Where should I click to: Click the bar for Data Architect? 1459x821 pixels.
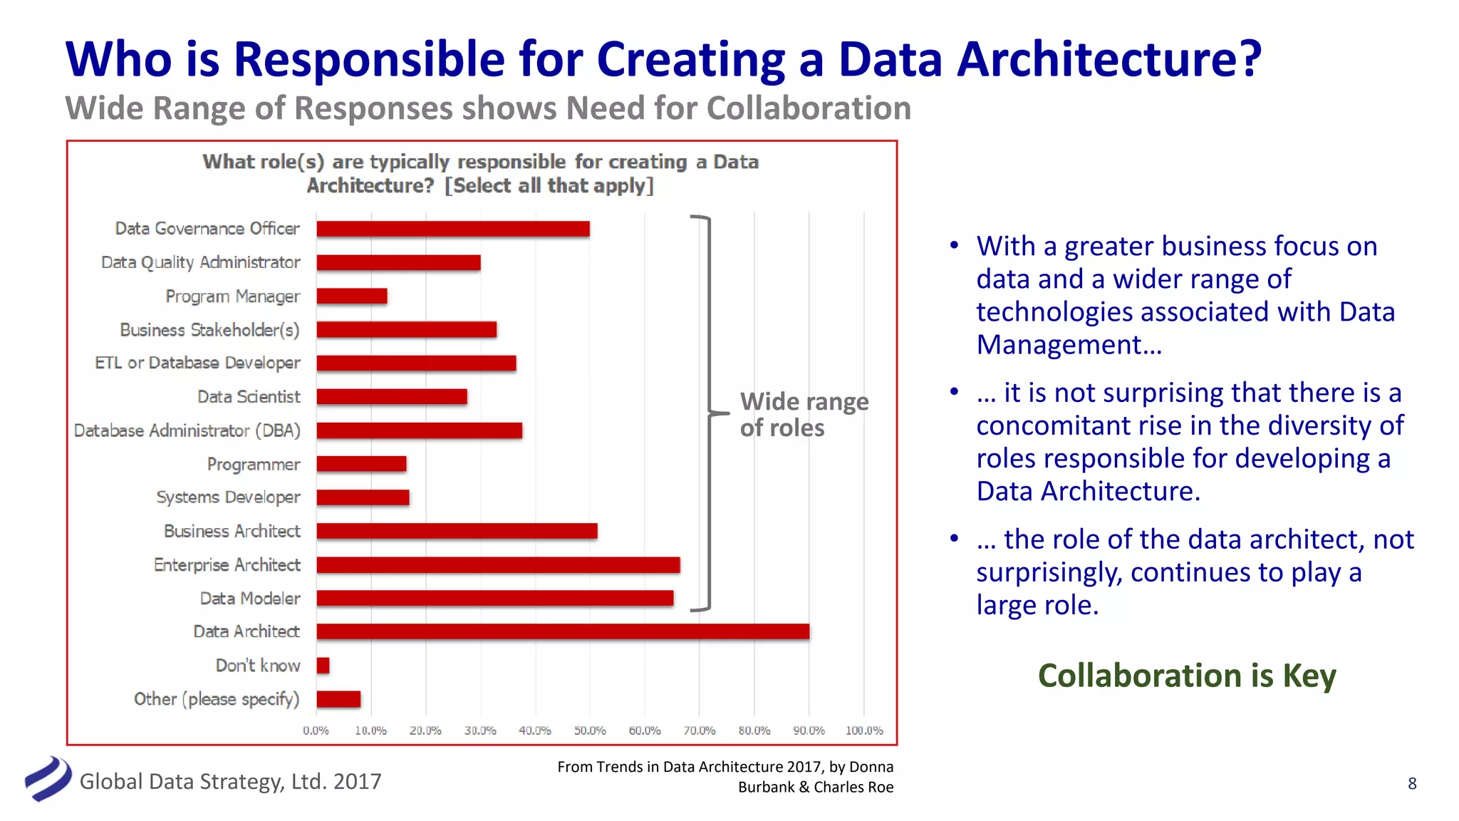[x=563, y=631]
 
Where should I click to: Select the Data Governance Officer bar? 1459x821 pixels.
[x=453, y=229]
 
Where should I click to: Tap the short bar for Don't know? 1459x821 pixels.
[x=323, y=666]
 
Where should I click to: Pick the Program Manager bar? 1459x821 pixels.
[x=352, y=296]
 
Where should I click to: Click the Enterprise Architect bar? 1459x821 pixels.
[x=498, y=565]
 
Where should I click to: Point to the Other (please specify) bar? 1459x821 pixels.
[x=338, y=699]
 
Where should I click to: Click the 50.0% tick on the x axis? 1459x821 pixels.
[x=590, y=730]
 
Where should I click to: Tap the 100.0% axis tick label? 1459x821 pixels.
[x=864, y=730]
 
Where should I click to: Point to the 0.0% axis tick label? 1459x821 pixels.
[x=316, y=730]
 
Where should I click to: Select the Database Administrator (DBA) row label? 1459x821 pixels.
[x=187, y=430]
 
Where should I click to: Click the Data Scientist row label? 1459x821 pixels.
[x=249, y=397]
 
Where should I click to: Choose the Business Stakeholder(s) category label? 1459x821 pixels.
[x=209, y=330]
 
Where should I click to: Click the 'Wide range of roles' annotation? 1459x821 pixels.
[x=804, y=415]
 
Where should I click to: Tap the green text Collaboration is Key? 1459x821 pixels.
[x=1186, y=676]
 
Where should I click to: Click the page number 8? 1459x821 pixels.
[x=1412, y=783]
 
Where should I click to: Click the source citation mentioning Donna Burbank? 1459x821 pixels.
[x=725, y=777]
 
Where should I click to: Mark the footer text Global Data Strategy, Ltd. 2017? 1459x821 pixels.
[x=230, y=782]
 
